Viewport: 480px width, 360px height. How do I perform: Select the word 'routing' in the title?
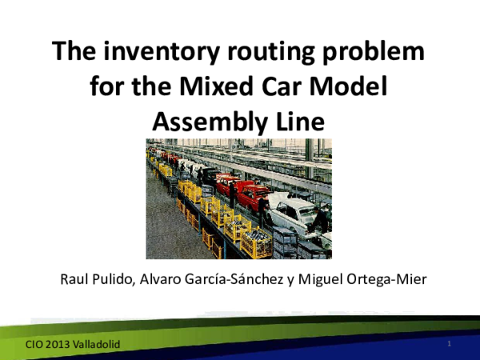[260, 53]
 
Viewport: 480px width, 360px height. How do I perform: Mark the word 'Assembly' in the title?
[205, 121]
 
